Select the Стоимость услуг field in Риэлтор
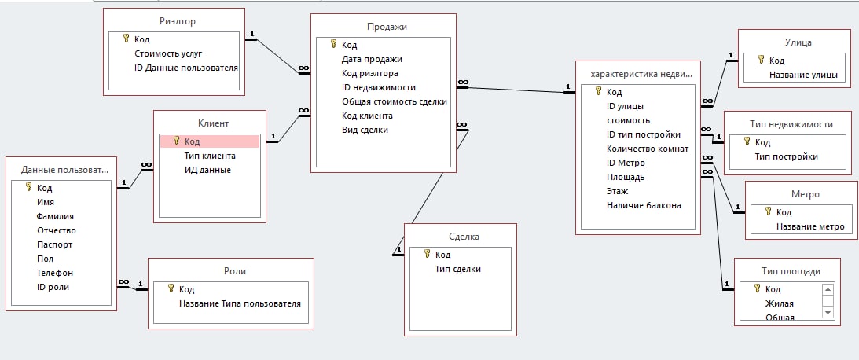[x=168, y=53]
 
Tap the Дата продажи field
[x=372, y=59]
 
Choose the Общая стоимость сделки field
[x=395, y=101]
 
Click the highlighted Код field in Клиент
[x=192, y=141]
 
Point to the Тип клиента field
[x=210, y=156]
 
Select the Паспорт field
[x=55, y=244]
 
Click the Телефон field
[x=55, y=273]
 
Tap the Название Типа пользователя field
[x=240, y=303]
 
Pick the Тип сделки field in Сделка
[x=458, y=269]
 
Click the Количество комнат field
[x=648, y=149]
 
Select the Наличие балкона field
[x=644, y=205]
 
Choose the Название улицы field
[x=802, y=75]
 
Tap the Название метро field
[x=810, y=226]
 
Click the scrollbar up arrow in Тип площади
[x=827, y=289]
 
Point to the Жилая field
[x=780, y=303]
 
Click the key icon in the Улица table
[x=761, y=61]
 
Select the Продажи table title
[x=382, y=27]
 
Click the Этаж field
[x=617, y=191]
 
